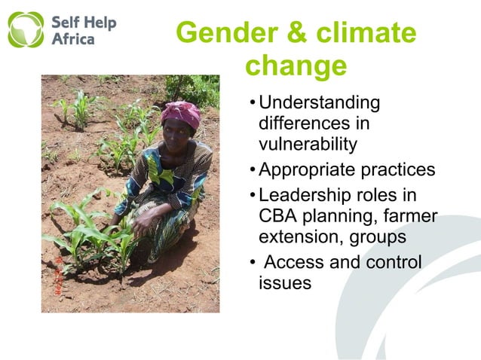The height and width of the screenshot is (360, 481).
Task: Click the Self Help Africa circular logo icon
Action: tap(26, 29)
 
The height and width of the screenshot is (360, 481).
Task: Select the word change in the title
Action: tap(296, 66)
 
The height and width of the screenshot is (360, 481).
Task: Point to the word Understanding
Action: tap(319, 102)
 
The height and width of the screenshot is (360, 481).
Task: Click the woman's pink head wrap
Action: tap(181, 114)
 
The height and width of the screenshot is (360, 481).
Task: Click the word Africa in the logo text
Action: tap(72, 38)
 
